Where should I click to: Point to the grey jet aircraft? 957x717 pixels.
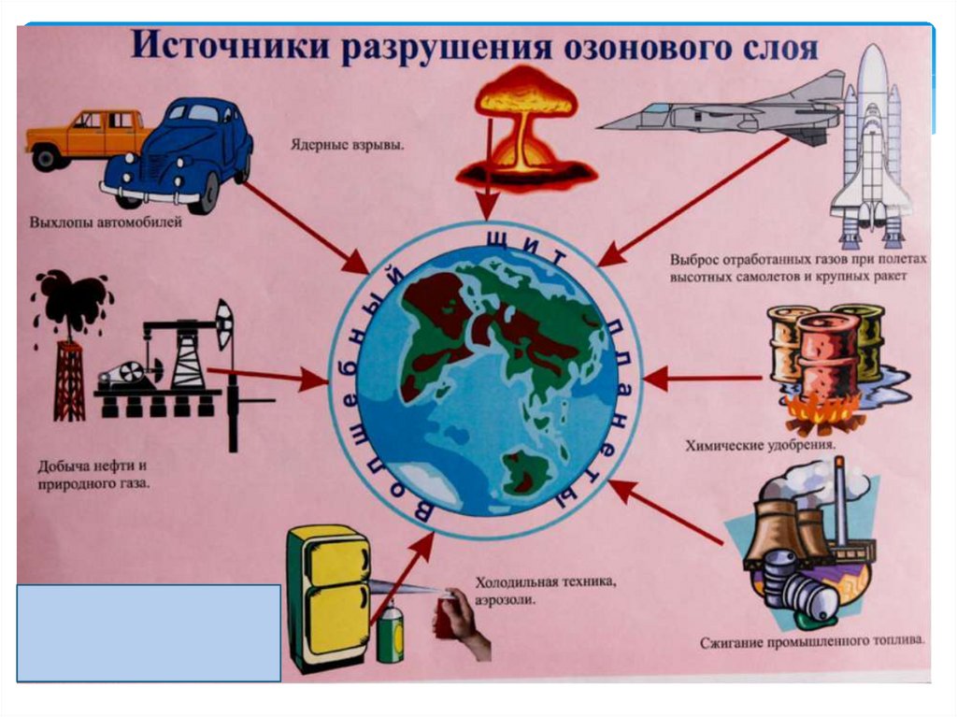tap(720, 111)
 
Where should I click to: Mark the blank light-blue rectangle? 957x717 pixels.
tap(149, 632)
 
